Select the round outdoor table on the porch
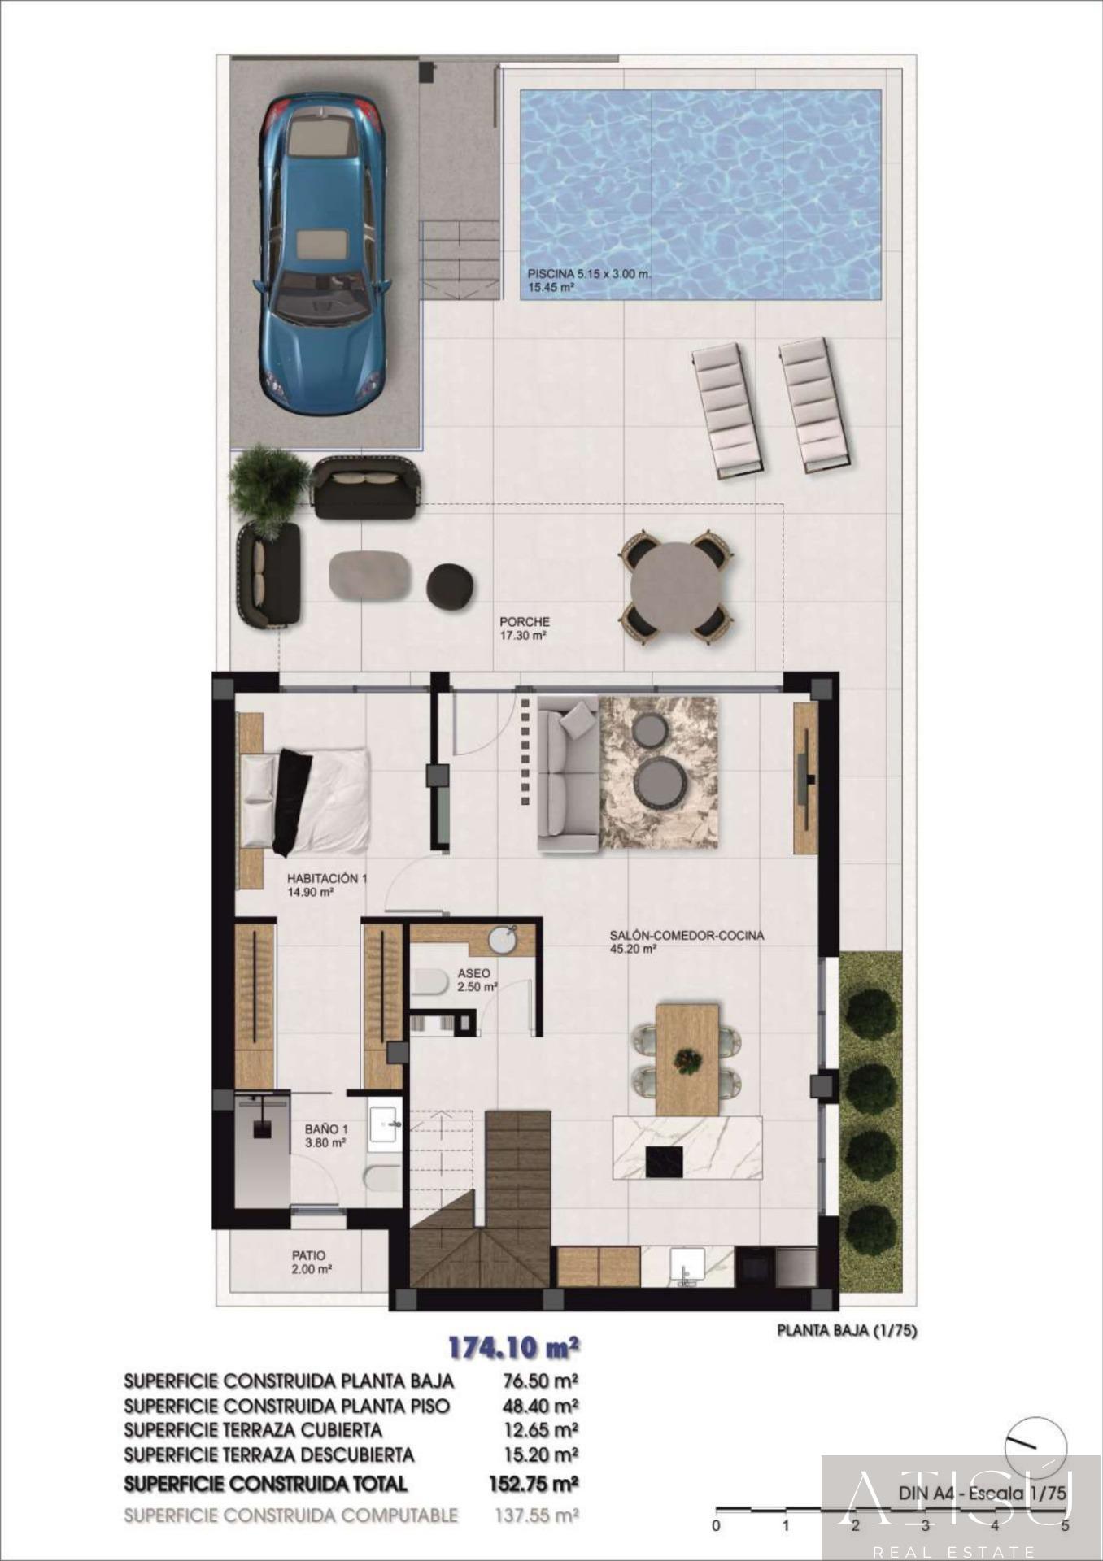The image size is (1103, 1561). pos(678,586)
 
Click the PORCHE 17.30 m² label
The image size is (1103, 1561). pos(525,628)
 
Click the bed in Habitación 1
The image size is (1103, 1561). pos(304,802)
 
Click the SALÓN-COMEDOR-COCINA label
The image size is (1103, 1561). pos(687,935)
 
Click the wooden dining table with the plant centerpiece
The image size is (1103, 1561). pos(687,1059)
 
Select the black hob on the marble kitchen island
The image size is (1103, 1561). pos(667,1160)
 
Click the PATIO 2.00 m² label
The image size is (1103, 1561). pos(312,1262)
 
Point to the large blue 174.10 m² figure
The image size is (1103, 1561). pos(514,1347)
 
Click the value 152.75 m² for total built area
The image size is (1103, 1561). pos(534,1484)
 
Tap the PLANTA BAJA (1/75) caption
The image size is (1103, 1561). pos(847,1331)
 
